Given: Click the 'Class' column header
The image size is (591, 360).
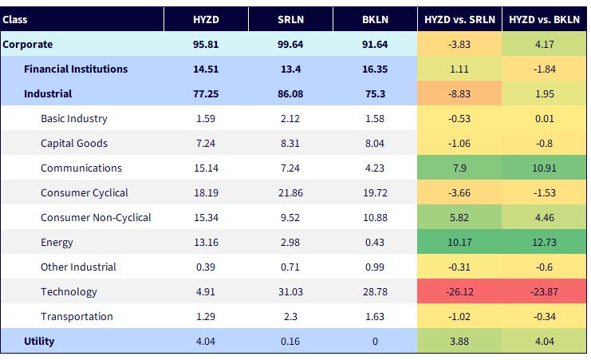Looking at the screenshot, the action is coord(14,19).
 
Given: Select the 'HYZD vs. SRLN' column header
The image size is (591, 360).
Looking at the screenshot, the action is coord(459,19).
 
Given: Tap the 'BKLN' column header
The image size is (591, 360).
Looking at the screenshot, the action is coord(375,19).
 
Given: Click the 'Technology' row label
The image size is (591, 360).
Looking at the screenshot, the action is coord(69,291).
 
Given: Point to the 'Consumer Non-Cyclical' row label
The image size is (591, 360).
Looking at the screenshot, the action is coord(96,217).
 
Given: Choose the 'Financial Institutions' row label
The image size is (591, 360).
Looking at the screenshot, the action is coord(76,69).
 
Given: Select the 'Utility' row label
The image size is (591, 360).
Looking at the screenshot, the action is coord(39,341).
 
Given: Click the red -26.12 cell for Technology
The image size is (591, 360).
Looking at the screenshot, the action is coord(459,291).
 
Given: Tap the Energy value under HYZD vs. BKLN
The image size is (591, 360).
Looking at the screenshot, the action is coord(544,243).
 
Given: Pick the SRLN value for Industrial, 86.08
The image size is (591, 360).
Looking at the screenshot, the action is coord(290,93).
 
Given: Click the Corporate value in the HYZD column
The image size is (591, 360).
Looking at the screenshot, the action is coord(206,44).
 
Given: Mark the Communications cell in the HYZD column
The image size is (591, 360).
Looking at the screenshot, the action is coord(206,168).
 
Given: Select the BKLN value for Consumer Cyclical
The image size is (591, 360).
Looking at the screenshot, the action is coord(375,193).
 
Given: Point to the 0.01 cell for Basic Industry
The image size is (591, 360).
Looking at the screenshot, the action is coord(544,118).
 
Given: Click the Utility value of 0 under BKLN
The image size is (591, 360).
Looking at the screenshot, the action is coord(375,341).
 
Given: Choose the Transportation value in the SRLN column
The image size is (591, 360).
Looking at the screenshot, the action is coord(290,316).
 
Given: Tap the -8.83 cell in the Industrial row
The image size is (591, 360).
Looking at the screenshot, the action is coord(459,93).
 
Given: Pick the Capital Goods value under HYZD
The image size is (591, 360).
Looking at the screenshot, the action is coord(206,144).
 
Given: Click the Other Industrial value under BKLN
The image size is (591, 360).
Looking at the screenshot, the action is coord(375,267).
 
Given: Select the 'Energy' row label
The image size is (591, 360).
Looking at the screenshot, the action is coord(57,243).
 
